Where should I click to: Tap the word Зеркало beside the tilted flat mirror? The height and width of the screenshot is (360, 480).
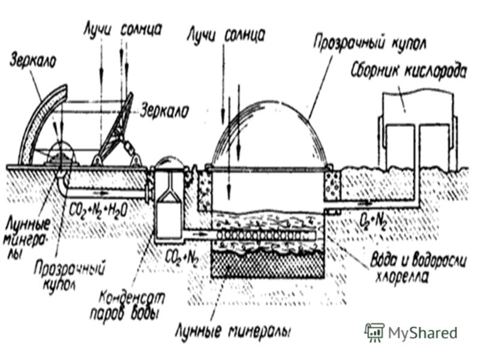coord(164,111)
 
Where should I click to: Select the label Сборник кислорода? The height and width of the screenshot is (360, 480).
coord(408,72)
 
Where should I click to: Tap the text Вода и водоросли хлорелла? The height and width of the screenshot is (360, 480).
coord(418,268)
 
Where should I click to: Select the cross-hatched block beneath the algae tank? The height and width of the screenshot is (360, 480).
coord(268,265)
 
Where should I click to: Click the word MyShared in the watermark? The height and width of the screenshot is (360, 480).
coord(422,332)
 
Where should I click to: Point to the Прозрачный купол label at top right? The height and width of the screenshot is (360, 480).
coord(369,43)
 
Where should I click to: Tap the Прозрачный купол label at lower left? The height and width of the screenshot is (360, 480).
coord(68,275)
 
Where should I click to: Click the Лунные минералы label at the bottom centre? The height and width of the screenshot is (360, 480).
coord(233,331)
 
